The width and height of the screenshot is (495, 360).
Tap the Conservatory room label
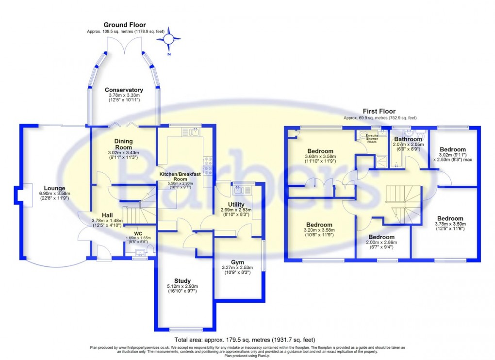click(124, 90)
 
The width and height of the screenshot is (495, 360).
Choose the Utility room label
click(236, 204)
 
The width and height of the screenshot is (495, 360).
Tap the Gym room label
click(240, 261)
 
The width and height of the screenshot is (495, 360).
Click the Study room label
click(182, 280)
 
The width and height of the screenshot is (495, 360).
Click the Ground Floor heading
click(124, 25)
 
